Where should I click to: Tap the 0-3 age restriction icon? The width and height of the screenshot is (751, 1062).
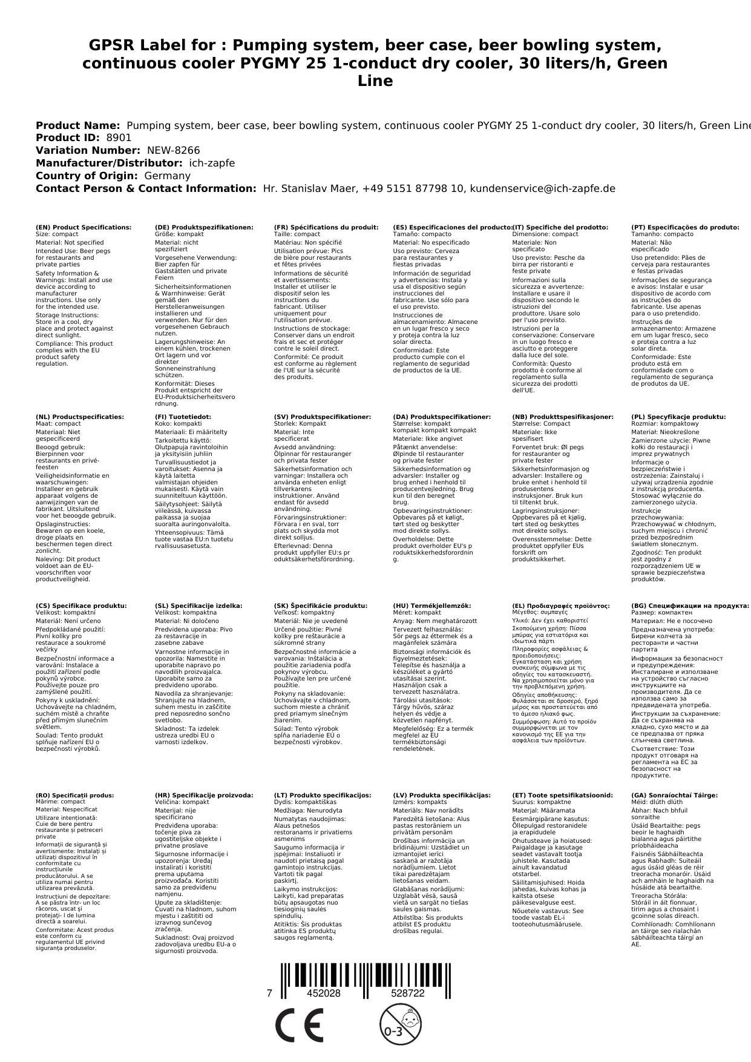(399, 1026)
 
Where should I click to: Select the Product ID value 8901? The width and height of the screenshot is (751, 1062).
(119, 138)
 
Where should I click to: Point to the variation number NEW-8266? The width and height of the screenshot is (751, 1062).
(173, 151)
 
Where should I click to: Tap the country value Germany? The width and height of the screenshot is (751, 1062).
(167, 176)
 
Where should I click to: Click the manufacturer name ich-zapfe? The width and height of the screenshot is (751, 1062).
(212, 163)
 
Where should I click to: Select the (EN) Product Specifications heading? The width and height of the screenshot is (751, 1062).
(84, 228)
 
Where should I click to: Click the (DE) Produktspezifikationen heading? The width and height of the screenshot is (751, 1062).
(204, 228)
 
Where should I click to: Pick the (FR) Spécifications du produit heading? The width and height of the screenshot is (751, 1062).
(326, 228)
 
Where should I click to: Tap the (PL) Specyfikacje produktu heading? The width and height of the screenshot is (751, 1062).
(678, 417)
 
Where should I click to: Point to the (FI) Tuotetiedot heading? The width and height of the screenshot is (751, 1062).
(183, 417)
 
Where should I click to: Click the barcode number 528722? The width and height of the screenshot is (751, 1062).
(407, 994)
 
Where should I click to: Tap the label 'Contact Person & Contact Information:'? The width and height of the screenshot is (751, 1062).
(146, 189)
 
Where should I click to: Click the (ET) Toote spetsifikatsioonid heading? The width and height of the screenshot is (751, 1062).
(562, 796)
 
